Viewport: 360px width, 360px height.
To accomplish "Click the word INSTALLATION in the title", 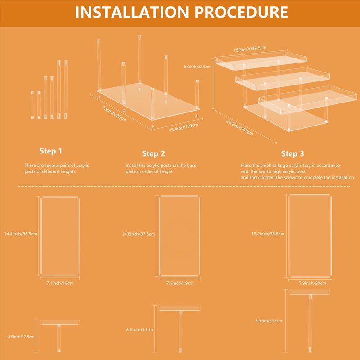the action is pos(132,12).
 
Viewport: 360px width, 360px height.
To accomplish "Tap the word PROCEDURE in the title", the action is pos(241,12).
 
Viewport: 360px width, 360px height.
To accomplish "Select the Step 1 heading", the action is pos(51,151).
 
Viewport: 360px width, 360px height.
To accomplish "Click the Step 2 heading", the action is pos(153,153).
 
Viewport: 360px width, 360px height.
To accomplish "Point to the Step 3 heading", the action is pos(292,153).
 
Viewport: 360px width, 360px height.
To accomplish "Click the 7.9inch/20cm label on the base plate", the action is pos(114,114).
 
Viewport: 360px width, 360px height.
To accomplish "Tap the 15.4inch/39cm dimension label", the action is pos(184,128).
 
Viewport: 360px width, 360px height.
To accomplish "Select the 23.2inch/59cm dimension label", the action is pos(239,127).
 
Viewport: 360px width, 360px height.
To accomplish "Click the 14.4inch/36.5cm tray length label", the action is pos(21,234).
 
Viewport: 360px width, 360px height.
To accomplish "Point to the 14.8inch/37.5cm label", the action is pos(139,234).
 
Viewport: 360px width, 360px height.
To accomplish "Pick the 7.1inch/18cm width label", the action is pos(60,283).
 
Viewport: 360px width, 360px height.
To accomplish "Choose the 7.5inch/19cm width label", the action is pos(180,283).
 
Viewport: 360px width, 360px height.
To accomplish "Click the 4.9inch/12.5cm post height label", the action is pos(21,337).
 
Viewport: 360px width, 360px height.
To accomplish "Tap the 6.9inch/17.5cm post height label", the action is pos(139,330).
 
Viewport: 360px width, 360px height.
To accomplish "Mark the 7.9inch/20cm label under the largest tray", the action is pos(312,283).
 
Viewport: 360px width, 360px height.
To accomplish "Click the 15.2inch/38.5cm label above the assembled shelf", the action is pos(250,49).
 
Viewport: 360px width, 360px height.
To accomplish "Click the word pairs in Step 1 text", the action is pos(65,166).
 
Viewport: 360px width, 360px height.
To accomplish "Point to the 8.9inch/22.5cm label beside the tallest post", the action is pos(268,321).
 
